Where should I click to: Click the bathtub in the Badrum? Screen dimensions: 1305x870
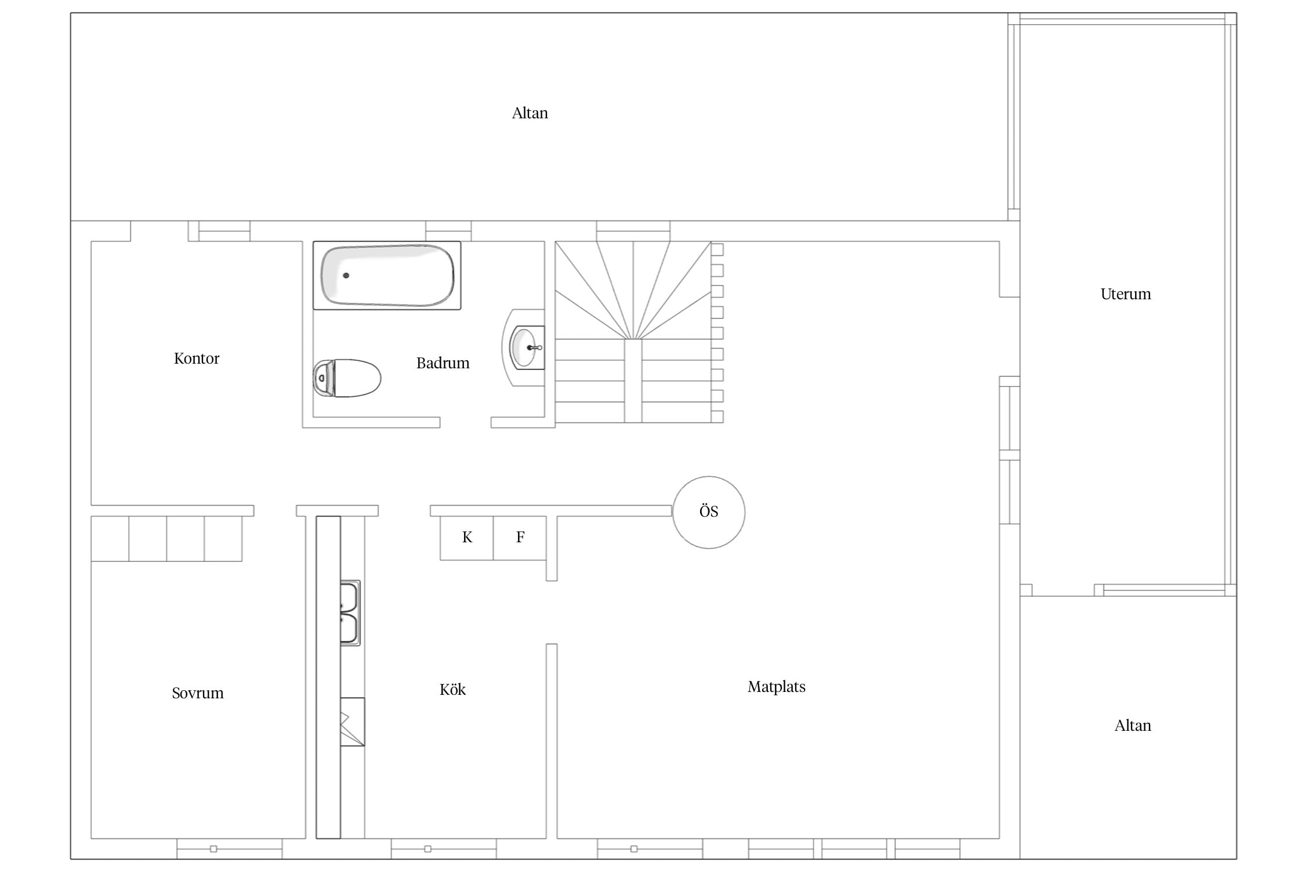[387, 275]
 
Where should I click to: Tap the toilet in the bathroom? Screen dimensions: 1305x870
[347, 378]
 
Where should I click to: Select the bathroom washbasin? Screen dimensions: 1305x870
[525, 347]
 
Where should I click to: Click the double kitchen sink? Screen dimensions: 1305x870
[350, 613]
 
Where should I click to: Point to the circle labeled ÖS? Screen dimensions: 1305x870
[709, 512]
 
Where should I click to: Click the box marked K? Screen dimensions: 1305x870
[467, 538]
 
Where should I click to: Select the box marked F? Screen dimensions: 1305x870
[520, 538]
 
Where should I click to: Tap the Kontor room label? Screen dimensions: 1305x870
[197, 358]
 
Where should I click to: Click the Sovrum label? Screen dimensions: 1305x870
[198, 693]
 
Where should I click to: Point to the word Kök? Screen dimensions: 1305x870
[452, 690]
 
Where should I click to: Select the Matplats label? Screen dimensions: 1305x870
[777, 687]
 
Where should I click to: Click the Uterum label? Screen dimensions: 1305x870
[1126, 294]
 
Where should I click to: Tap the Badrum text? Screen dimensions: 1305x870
[443, 363]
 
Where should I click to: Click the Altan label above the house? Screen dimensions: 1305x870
[530, 113]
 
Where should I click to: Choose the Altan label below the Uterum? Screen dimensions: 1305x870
[1133, 726]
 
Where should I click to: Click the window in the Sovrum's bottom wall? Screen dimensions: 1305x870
[230, 849]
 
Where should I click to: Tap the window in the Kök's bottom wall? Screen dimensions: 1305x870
[444, 849]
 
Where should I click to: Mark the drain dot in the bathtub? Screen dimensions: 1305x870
[346, 275]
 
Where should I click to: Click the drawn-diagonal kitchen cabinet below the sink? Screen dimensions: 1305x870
[352, 722]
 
